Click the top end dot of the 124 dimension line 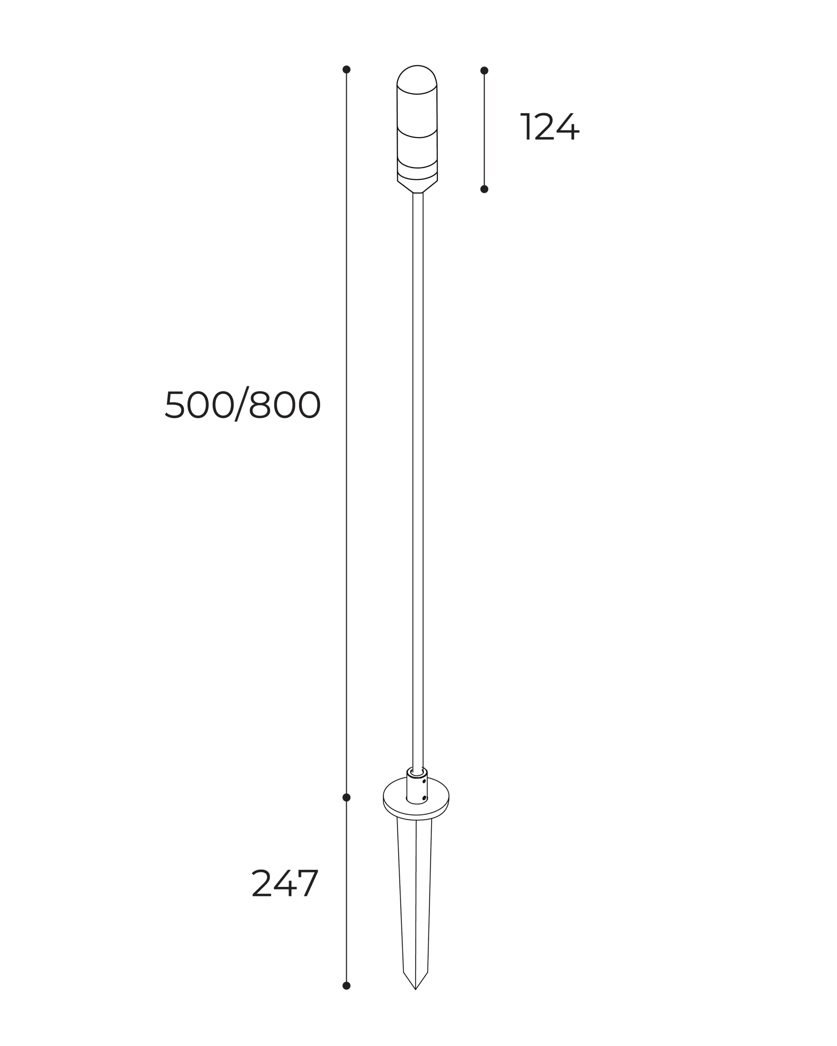click(484, 70)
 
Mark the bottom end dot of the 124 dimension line click(484, 189)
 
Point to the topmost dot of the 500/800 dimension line click(346, 69)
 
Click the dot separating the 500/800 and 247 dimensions click(346, 797)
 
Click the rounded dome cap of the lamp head click(417, 78)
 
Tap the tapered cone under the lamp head click(417, 187)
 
